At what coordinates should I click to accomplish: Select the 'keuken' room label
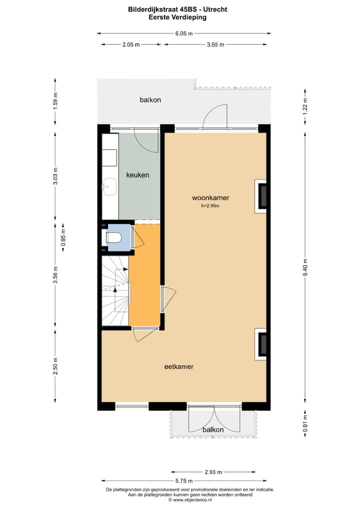137,175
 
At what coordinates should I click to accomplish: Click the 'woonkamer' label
210,197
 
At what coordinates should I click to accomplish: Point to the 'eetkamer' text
178,366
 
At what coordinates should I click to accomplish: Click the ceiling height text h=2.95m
210,205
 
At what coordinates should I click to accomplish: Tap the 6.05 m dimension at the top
183,33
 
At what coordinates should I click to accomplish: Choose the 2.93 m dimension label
213,471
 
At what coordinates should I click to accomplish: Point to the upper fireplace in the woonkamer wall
261,196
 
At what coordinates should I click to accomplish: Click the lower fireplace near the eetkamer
261,344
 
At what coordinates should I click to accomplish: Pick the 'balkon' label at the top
150,100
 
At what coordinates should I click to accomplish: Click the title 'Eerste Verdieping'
177,17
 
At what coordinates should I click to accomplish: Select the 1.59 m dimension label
55,101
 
